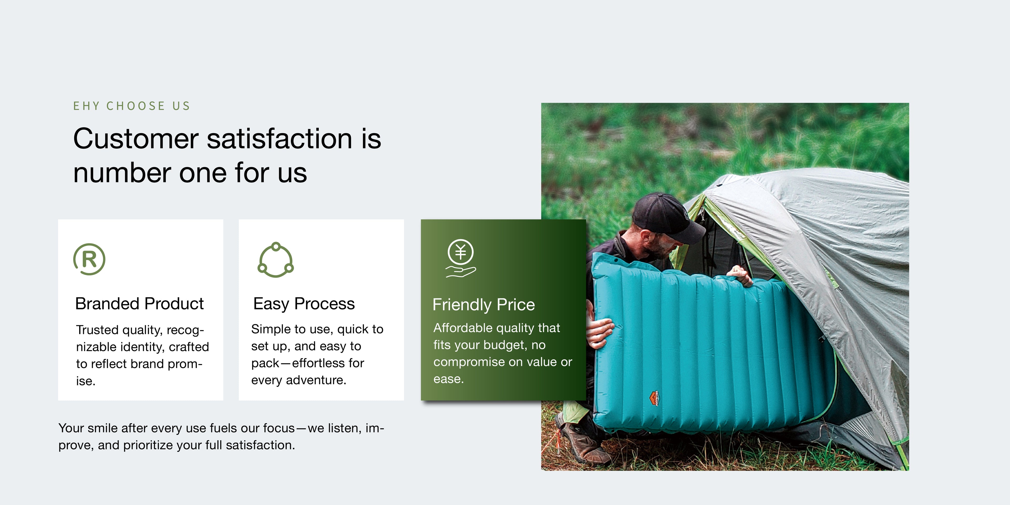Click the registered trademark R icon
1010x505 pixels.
coord(89,259)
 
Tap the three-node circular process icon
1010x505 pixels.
coord(276,260)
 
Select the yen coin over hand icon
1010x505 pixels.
coord(461,258)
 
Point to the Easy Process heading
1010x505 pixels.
coord(304,304)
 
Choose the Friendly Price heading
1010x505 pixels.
coord(483,305)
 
